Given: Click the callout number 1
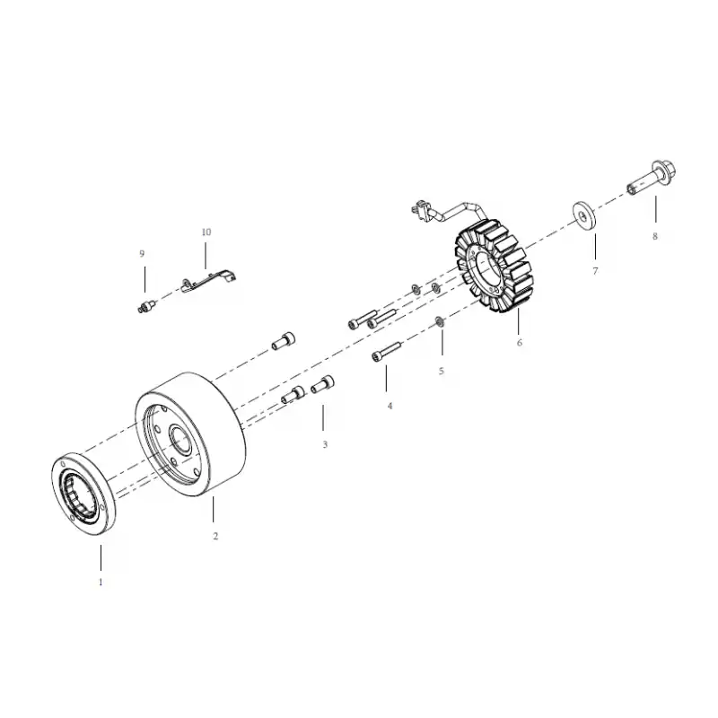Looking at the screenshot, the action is pos(101,582).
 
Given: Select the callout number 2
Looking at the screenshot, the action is pos(215,536).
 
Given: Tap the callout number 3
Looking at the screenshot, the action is pos(325,444).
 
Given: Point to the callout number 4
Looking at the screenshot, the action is pos(390,406).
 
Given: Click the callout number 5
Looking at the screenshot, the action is pos(441,371).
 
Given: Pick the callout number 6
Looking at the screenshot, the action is pos(520,343).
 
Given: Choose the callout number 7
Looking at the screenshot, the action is pos(595,271).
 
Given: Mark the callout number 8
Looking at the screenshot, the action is pos(655,236).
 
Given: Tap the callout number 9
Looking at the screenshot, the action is pos(142,254).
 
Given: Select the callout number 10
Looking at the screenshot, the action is pos(206,232).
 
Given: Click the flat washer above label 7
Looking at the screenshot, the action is pos(584,215).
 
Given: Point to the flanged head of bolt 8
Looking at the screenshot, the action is pos(665,171).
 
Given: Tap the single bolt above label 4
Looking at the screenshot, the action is pos(386,351).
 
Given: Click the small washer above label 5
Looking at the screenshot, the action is pos(440,321).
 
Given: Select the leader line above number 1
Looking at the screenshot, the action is pos(101,557).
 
